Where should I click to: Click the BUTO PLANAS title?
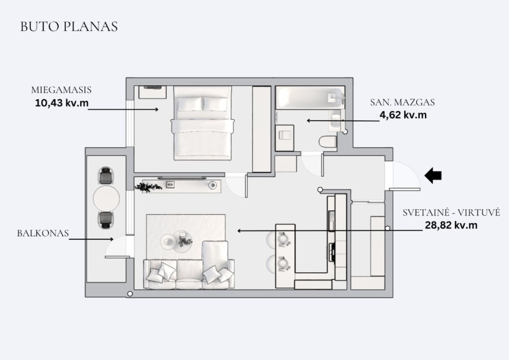69,27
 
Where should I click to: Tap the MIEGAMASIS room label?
61,90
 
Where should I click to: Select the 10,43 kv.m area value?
62,103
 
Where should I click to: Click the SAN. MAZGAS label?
402,102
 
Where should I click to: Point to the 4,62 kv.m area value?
403,114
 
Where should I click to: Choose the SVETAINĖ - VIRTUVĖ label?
452,213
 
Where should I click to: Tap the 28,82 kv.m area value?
452,225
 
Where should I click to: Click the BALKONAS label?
43,233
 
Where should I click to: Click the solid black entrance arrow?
433,176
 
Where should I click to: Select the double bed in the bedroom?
203,123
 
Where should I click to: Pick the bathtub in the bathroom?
310,98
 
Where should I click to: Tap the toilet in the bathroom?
328,142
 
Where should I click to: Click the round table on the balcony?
107,198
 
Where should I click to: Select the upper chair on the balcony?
106,176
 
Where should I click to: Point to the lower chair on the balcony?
106,220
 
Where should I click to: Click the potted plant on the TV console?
148,187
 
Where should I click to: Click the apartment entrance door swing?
405,176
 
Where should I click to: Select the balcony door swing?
117,247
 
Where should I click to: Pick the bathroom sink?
335,121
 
